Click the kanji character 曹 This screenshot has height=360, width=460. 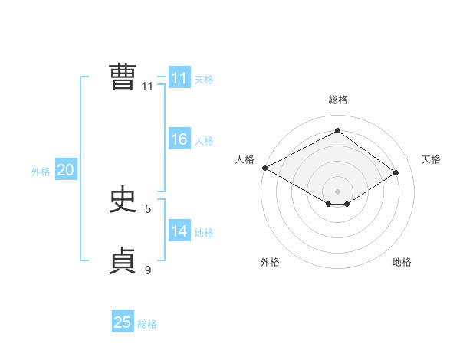click(123, 77)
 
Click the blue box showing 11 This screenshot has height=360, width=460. click(179, 78)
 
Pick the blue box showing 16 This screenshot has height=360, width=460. click(179, 139)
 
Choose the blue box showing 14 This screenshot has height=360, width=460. click(179, 231)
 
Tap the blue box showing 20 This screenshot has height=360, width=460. click(66, 170)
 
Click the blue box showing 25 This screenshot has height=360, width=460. click(123, 322)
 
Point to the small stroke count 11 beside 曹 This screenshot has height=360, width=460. click(148, 87)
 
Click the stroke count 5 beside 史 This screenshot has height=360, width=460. click(148, 208)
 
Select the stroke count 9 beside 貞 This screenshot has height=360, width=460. click(148, 270)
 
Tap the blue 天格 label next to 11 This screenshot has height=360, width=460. click(204, 80)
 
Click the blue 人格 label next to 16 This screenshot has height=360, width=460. click(204, 141)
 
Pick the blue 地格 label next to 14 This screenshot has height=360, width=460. click(204, 233)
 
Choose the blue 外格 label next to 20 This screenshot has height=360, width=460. click(41, 172)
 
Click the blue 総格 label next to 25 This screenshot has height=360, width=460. click(147, 324)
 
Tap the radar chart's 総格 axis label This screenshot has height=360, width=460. click(337, 100)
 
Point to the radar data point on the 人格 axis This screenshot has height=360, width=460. click(264, 167)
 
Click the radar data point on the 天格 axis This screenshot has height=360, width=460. click(396, 172)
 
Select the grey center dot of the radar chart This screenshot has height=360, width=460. click(337, 190)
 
